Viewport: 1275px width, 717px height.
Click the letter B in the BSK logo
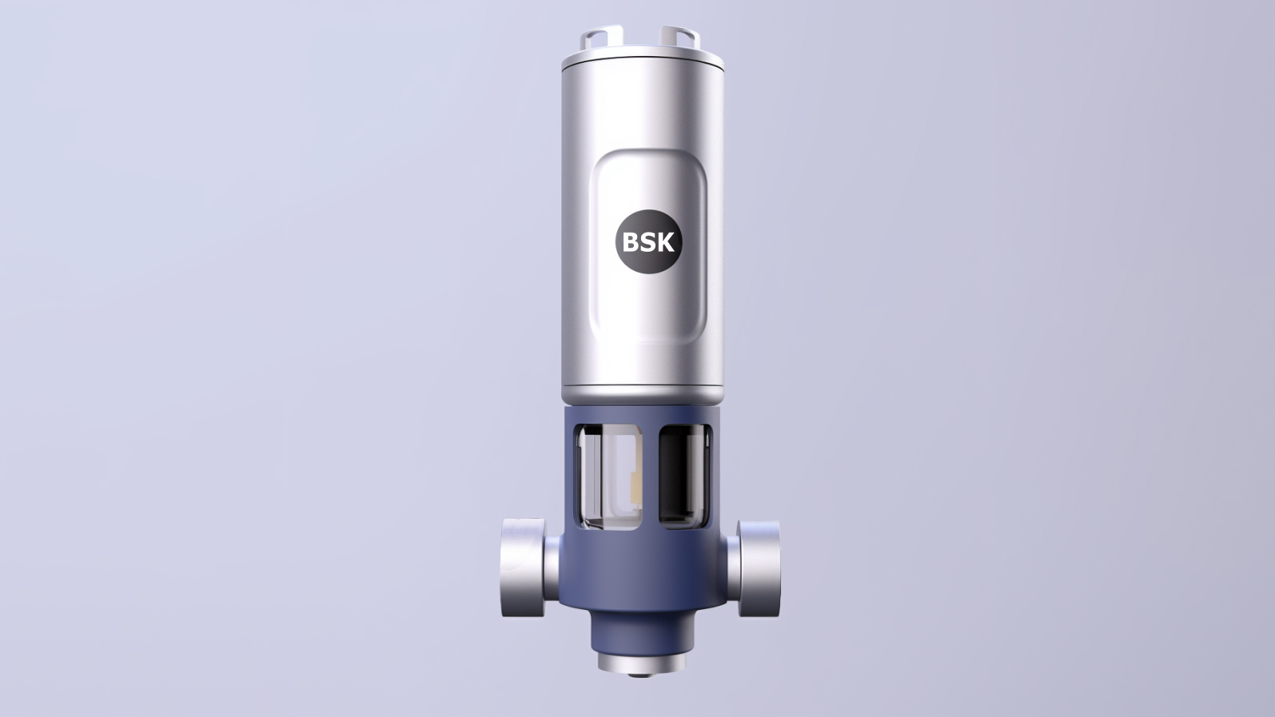click(x=631, y=243)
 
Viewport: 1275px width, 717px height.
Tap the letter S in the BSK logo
click(x=647, y=243)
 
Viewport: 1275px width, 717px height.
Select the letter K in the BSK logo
click(x=665, y=243)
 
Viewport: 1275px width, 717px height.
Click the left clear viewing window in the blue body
click(x=608, y=477)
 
